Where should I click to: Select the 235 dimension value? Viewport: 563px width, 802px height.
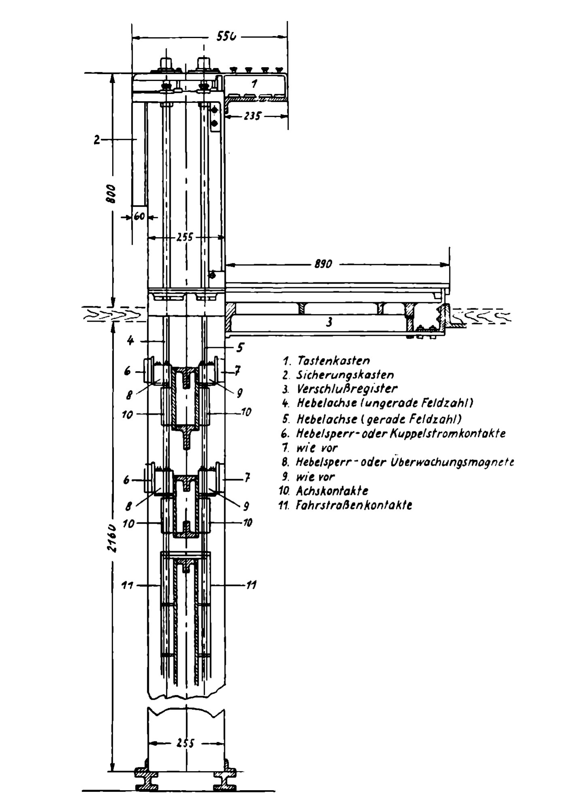(x=253, y=116)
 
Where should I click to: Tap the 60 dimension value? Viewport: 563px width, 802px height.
(x=139, y=216)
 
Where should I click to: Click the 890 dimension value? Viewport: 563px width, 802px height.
(x=323, y=264)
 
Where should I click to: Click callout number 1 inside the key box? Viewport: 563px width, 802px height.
(x=254, y=84)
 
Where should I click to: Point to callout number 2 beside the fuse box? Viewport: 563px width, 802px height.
(x=96, y=140)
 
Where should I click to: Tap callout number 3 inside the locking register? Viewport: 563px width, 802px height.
(x=329, y=322)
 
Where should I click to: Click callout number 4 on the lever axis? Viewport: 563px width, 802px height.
(x=130, y=341)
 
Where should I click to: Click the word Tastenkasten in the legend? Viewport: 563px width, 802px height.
(x=333, y=360)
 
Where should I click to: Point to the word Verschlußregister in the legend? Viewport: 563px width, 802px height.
(x=347, y=389)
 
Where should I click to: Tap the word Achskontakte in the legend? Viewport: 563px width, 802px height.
(x=332, y=491)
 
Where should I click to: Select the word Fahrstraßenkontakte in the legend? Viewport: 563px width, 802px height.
(x=354, y=505)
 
